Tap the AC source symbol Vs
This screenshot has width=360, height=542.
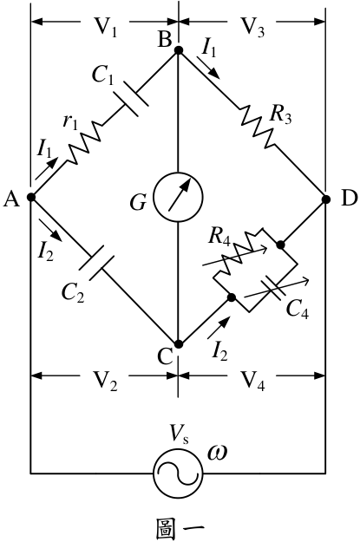click(178, 473)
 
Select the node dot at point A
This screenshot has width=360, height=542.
click(31, 198)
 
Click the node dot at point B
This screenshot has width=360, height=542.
click(179, 50)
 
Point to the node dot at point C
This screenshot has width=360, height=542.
click(179, 344)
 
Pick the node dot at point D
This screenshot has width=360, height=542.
click(326, 199)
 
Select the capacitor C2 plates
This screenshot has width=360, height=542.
click(97, 263)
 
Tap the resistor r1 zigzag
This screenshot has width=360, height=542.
click(85, 143)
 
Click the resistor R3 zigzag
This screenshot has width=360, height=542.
click(258, 127)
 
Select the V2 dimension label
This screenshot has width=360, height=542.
click(106, 380)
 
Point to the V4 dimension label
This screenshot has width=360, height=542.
click(252, 380)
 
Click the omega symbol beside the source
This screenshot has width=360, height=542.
click(217, 453)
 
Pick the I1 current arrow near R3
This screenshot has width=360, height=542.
click(208, 68)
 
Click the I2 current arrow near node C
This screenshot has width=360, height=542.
click(218, 327)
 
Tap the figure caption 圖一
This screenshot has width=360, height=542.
click(180, 528)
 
